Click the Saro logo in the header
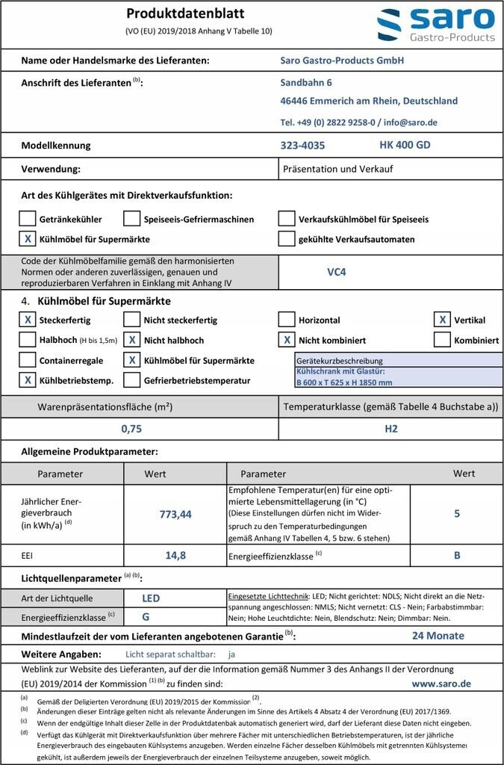(435, 25)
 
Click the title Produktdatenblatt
(185, 13)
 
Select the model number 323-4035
(302, 146)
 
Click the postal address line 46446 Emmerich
(369, 101)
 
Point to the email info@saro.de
(411, 122)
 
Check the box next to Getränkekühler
(27, 219)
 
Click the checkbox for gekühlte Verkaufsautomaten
(286, 239)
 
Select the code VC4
(336, 272)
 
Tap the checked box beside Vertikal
(442, 320)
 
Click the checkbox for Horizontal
(286, 320)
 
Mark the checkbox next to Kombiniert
(442, 340)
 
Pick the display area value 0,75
(131, 429)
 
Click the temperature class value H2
(391, 429)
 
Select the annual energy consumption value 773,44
(175, 514)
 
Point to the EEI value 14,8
(175, 555)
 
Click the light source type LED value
(151, 598)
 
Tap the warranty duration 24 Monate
(438, 636)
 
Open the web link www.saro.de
(441, 683)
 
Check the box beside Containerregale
(27, 360)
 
